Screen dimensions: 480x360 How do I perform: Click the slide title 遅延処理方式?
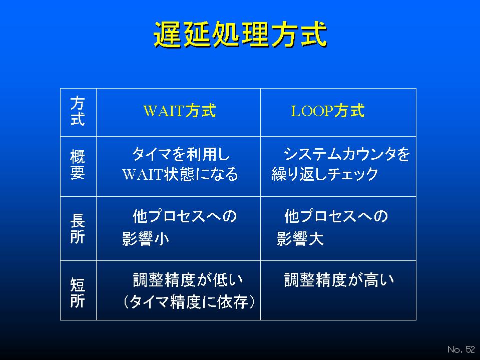point(240,34)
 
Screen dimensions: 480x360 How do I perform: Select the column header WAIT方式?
point(180,111)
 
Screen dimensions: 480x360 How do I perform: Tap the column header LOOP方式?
point(327,111)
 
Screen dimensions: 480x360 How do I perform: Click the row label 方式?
point(78,111)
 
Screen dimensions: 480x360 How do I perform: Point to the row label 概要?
point(78,165)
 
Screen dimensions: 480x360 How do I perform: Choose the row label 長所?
point(78,229)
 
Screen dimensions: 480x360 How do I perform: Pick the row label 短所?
point(78,292)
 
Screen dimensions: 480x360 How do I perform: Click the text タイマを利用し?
point(181,154)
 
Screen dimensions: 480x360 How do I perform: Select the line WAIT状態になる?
point(180,174)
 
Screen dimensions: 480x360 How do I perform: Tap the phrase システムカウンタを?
point(347,154)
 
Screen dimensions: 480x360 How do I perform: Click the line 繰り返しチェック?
point(325,174)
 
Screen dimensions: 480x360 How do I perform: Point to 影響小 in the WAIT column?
point(146,238)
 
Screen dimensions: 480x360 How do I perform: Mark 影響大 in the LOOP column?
point(300,238)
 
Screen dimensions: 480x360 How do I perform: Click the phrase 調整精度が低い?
point(188,280)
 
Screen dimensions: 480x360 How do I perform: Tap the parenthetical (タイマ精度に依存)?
point(189,302)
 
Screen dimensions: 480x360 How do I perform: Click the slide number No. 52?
point(461,349)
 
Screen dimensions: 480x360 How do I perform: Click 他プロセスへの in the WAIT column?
point(185,216)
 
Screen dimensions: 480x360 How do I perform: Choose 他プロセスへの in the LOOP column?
point(336,216)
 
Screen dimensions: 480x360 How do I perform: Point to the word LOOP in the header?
point(312,111)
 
